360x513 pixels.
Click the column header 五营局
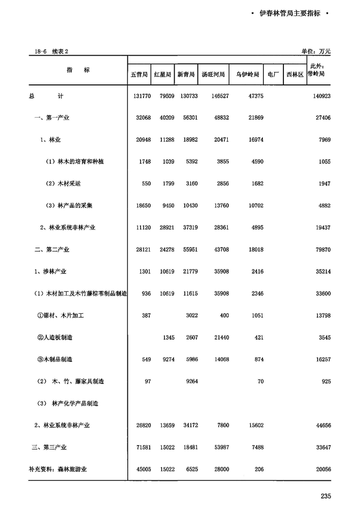(x=139, y=75)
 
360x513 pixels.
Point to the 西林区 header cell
(x=295, y=75)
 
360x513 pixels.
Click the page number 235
(x=326, y=496)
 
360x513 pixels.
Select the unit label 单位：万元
(x=316, y=51)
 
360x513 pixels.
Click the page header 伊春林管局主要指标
(x=290, y=14)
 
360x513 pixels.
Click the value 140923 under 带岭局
(x=320, y=96)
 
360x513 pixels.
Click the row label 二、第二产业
(x=51, y=249)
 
